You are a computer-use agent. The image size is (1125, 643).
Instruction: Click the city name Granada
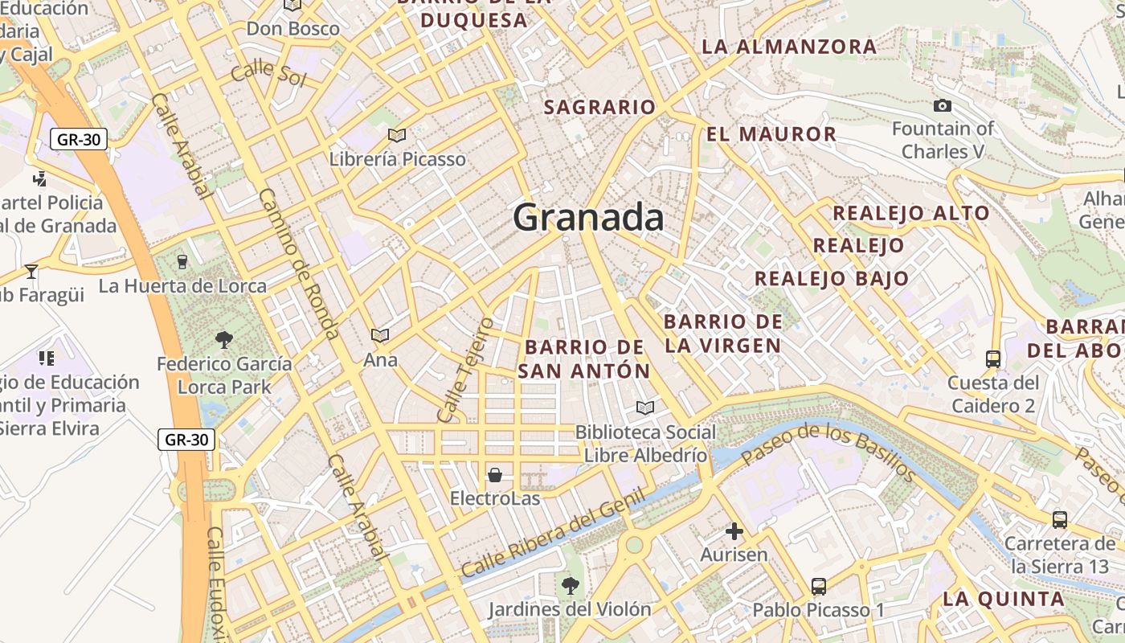[x=588, y=218]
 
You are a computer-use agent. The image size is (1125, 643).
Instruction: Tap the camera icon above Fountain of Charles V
[x=943, y=105]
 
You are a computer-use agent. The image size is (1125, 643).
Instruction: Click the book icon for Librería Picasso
[x=396, y=135]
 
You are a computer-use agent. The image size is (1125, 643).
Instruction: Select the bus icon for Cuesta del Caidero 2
[x=993, y=358]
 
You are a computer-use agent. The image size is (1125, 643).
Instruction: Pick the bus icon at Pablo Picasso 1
[x=819, y=587]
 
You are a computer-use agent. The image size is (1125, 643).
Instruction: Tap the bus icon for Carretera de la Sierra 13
[x=1060, y=519]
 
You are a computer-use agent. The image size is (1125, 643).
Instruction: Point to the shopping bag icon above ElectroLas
[x=495, y=475]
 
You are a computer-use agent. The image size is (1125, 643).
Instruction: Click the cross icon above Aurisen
[x=734, y=531]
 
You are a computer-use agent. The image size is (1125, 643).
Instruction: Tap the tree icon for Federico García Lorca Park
[x=224, y=340]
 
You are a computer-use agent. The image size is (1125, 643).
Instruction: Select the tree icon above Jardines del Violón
[x=570, y=585]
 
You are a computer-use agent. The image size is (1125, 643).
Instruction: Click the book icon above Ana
[x=380, y=335]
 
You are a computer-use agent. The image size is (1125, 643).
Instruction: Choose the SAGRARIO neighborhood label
[x=599, y=107]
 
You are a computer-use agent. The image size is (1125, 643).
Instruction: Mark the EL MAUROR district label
[x=771, y=134]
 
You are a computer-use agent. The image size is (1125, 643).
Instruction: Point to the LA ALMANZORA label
[x=789, y=47]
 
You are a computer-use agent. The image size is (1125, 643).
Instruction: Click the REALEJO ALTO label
[x=910, y=213]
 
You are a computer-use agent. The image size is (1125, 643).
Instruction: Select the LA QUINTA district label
[x=1003, y=599]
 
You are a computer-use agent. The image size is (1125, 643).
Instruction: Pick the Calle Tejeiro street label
[x=465, y=370]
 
